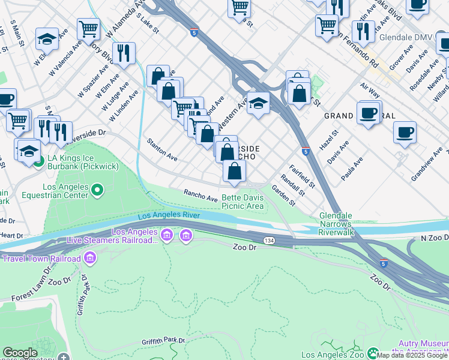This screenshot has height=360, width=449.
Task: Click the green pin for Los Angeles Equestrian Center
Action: coord(98,190)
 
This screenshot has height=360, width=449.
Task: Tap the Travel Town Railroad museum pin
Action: coord(91,259)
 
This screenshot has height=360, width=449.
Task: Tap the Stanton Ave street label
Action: coord(162,149)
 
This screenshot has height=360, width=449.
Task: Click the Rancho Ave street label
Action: coord(200,194)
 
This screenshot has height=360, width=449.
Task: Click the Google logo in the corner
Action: coord(20,353)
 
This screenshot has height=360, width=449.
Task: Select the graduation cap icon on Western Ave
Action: coord(258,104)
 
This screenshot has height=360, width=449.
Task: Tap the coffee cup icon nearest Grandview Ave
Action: coord(405,131)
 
